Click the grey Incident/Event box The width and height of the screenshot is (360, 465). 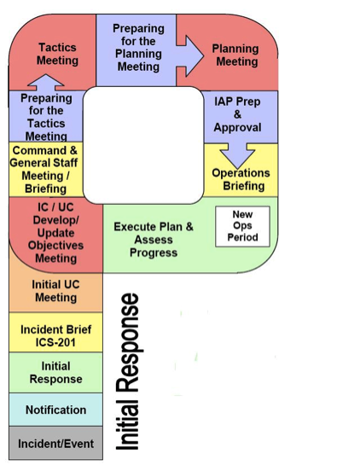55,443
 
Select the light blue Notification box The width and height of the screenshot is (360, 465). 55,410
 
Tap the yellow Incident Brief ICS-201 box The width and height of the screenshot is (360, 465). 55,332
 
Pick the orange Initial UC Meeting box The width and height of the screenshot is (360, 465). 55,292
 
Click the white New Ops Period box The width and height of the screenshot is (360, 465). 242,226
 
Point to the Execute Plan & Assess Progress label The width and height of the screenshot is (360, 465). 154,240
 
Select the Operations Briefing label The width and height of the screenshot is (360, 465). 241,179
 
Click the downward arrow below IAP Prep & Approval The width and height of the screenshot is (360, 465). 237,155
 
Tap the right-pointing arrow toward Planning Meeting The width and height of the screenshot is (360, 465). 189,56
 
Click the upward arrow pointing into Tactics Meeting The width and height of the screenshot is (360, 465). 46,82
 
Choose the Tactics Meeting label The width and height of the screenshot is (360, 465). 57,54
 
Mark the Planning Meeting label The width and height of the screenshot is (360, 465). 235,55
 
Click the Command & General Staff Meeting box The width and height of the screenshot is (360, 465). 46,169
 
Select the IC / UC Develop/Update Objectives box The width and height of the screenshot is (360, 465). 55,233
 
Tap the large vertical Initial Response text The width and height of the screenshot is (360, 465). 127,372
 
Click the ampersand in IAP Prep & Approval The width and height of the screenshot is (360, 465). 237,114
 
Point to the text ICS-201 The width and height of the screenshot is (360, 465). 55,342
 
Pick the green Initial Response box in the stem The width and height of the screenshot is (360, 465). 55,373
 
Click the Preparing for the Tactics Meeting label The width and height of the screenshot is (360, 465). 46,117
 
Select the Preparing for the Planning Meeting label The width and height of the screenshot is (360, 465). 138,48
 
